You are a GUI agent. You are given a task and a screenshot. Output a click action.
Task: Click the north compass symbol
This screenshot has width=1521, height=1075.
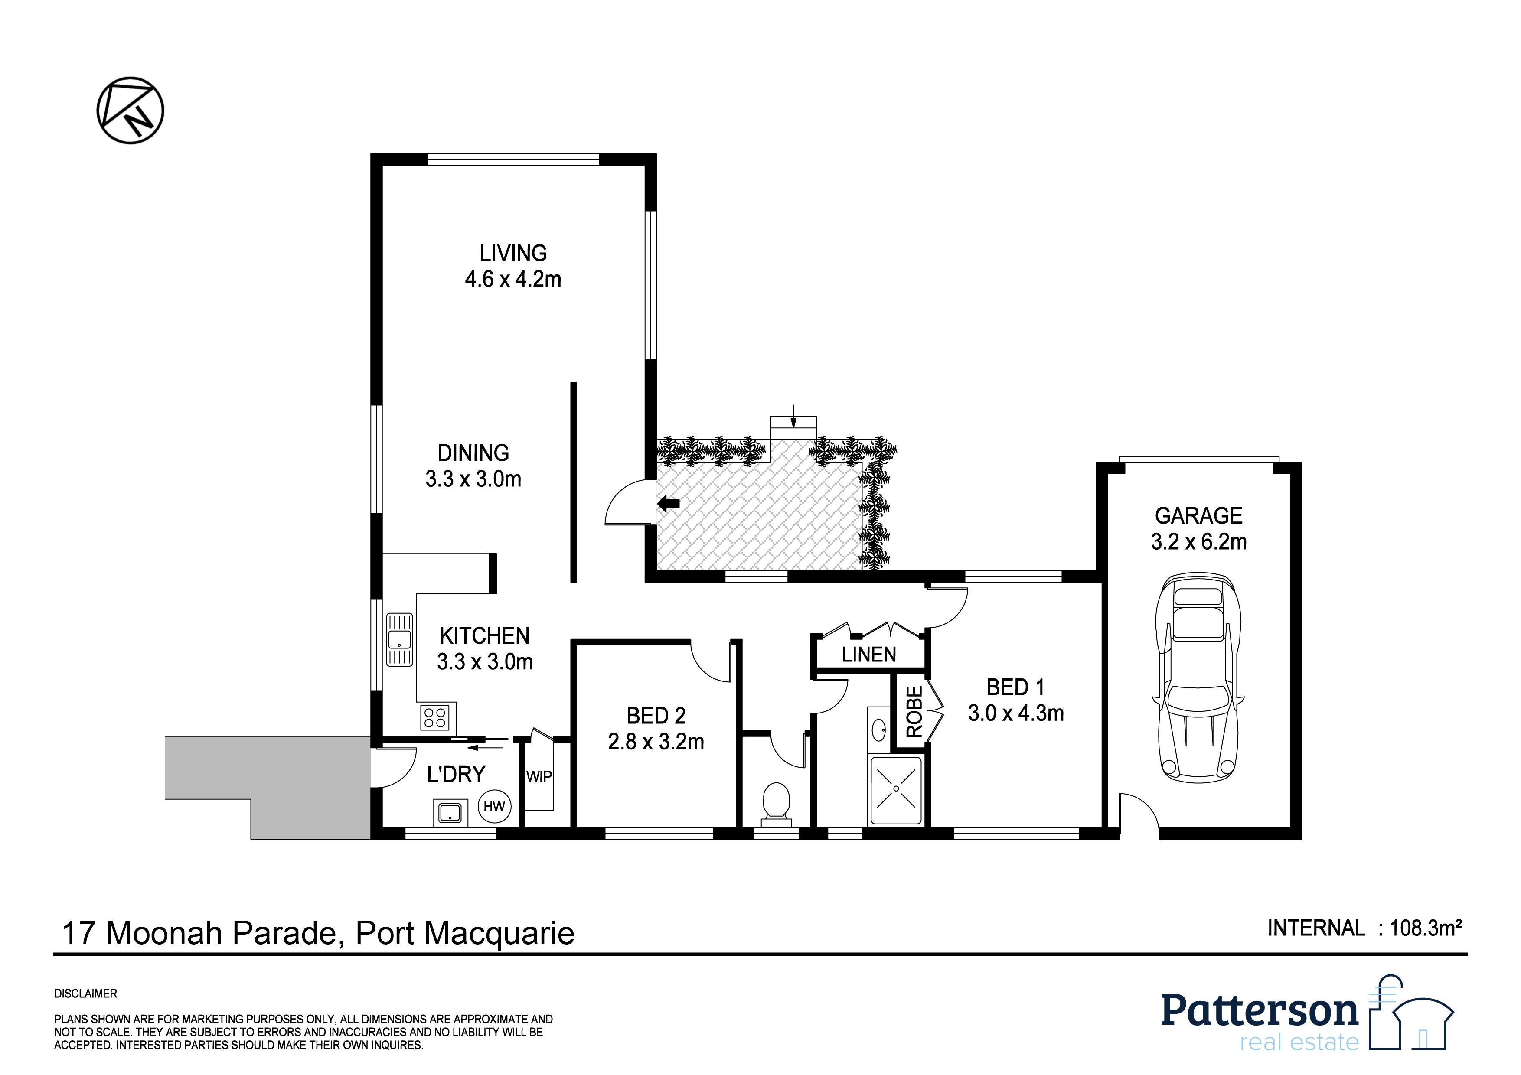131,110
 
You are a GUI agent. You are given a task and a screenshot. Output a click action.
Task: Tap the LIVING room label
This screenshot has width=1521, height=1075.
513,253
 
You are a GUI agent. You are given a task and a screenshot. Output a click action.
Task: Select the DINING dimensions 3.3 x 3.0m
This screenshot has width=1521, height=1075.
473,479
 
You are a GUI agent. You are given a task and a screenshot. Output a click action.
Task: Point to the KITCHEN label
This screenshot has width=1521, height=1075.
484,636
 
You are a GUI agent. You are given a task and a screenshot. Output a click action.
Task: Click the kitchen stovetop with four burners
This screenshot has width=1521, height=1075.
434,718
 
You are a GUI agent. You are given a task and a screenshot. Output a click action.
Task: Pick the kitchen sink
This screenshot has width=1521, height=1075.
399,639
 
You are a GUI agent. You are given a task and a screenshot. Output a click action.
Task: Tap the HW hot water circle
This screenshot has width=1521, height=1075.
494,807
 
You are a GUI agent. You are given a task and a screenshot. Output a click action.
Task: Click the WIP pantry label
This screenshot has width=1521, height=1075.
539,776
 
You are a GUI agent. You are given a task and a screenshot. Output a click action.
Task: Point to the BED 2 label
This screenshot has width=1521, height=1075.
656,716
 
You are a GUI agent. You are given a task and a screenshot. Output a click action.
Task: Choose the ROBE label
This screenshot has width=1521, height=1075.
914,712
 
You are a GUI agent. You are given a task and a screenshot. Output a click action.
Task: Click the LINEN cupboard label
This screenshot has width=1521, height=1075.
869,655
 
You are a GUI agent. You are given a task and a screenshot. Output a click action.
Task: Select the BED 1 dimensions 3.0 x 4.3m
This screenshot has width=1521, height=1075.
1016,713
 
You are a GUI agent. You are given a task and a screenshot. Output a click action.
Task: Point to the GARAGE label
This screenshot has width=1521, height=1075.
1198,515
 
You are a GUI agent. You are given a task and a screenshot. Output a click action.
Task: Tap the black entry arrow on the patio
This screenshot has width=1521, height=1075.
669,504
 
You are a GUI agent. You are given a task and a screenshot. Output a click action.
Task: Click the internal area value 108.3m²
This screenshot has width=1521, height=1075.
1426,928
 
